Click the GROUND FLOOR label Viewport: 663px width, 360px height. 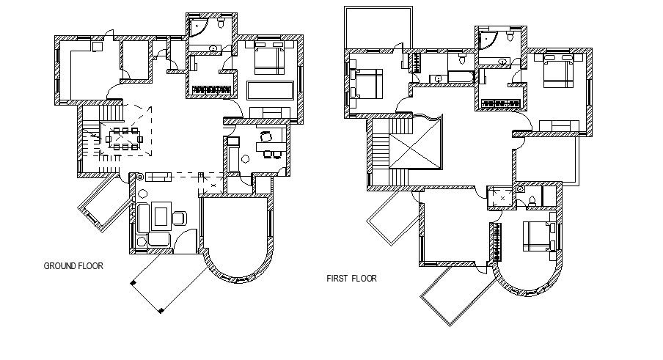(x=73, y=266)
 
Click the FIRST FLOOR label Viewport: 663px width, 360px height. (x=351, y=279)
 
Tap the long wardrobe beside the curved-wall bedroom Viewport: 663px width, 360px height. (x=499, y=242)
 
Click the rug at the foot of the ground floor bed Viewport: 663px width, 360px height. (x=271, y=90)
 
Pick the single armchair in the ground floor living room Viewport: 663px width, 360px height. (x=179, y=218)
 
